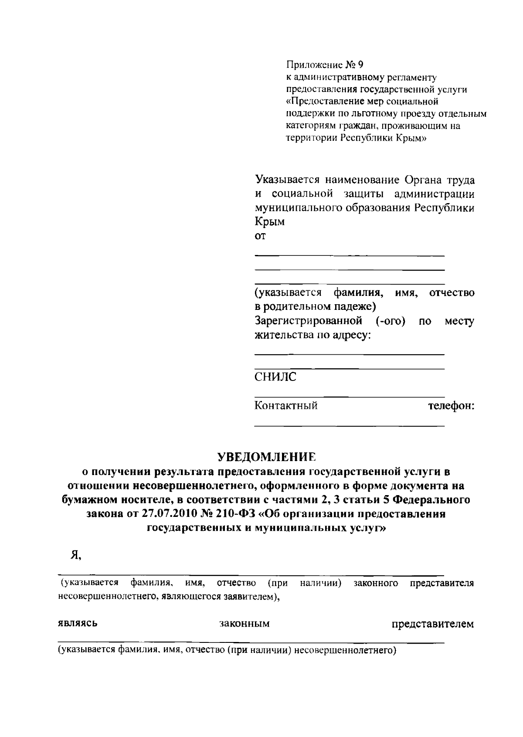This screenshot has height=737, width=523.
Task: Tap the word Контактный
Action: [x=286, y=406]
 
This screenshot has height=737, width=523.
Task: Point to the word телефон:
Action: [x=451, y=406]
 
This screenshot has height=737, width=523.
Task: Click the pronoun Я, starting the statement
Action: [x=76, y=554]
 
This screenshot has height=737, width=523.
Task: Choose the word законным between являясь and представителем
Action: [x=245, y=624]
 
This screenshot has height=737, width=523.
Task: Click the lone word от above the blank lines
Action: [x=260, y=236]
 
